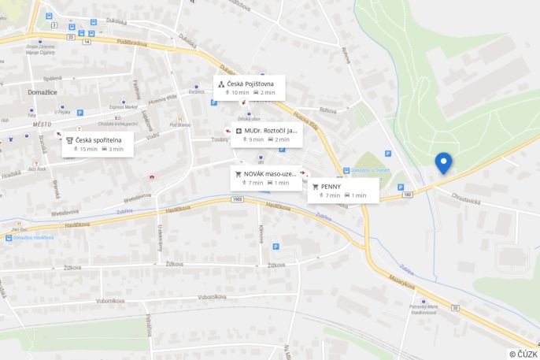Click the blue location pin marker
[443, 161]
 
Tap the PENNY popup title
[331, 187]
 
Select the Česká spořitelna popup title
[98, 139]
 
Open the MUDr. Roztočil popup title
[266, 130]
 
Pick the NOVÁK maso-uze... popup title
[270, 173]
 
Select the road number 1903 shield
[237, 200]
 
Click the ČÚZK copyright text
[523, 354]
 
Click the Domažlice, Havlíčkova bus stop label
[33, 237]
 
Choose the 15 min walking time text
[88, 149]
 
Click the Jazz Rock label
[36, 169]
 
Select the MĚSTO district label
[42, 124]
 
